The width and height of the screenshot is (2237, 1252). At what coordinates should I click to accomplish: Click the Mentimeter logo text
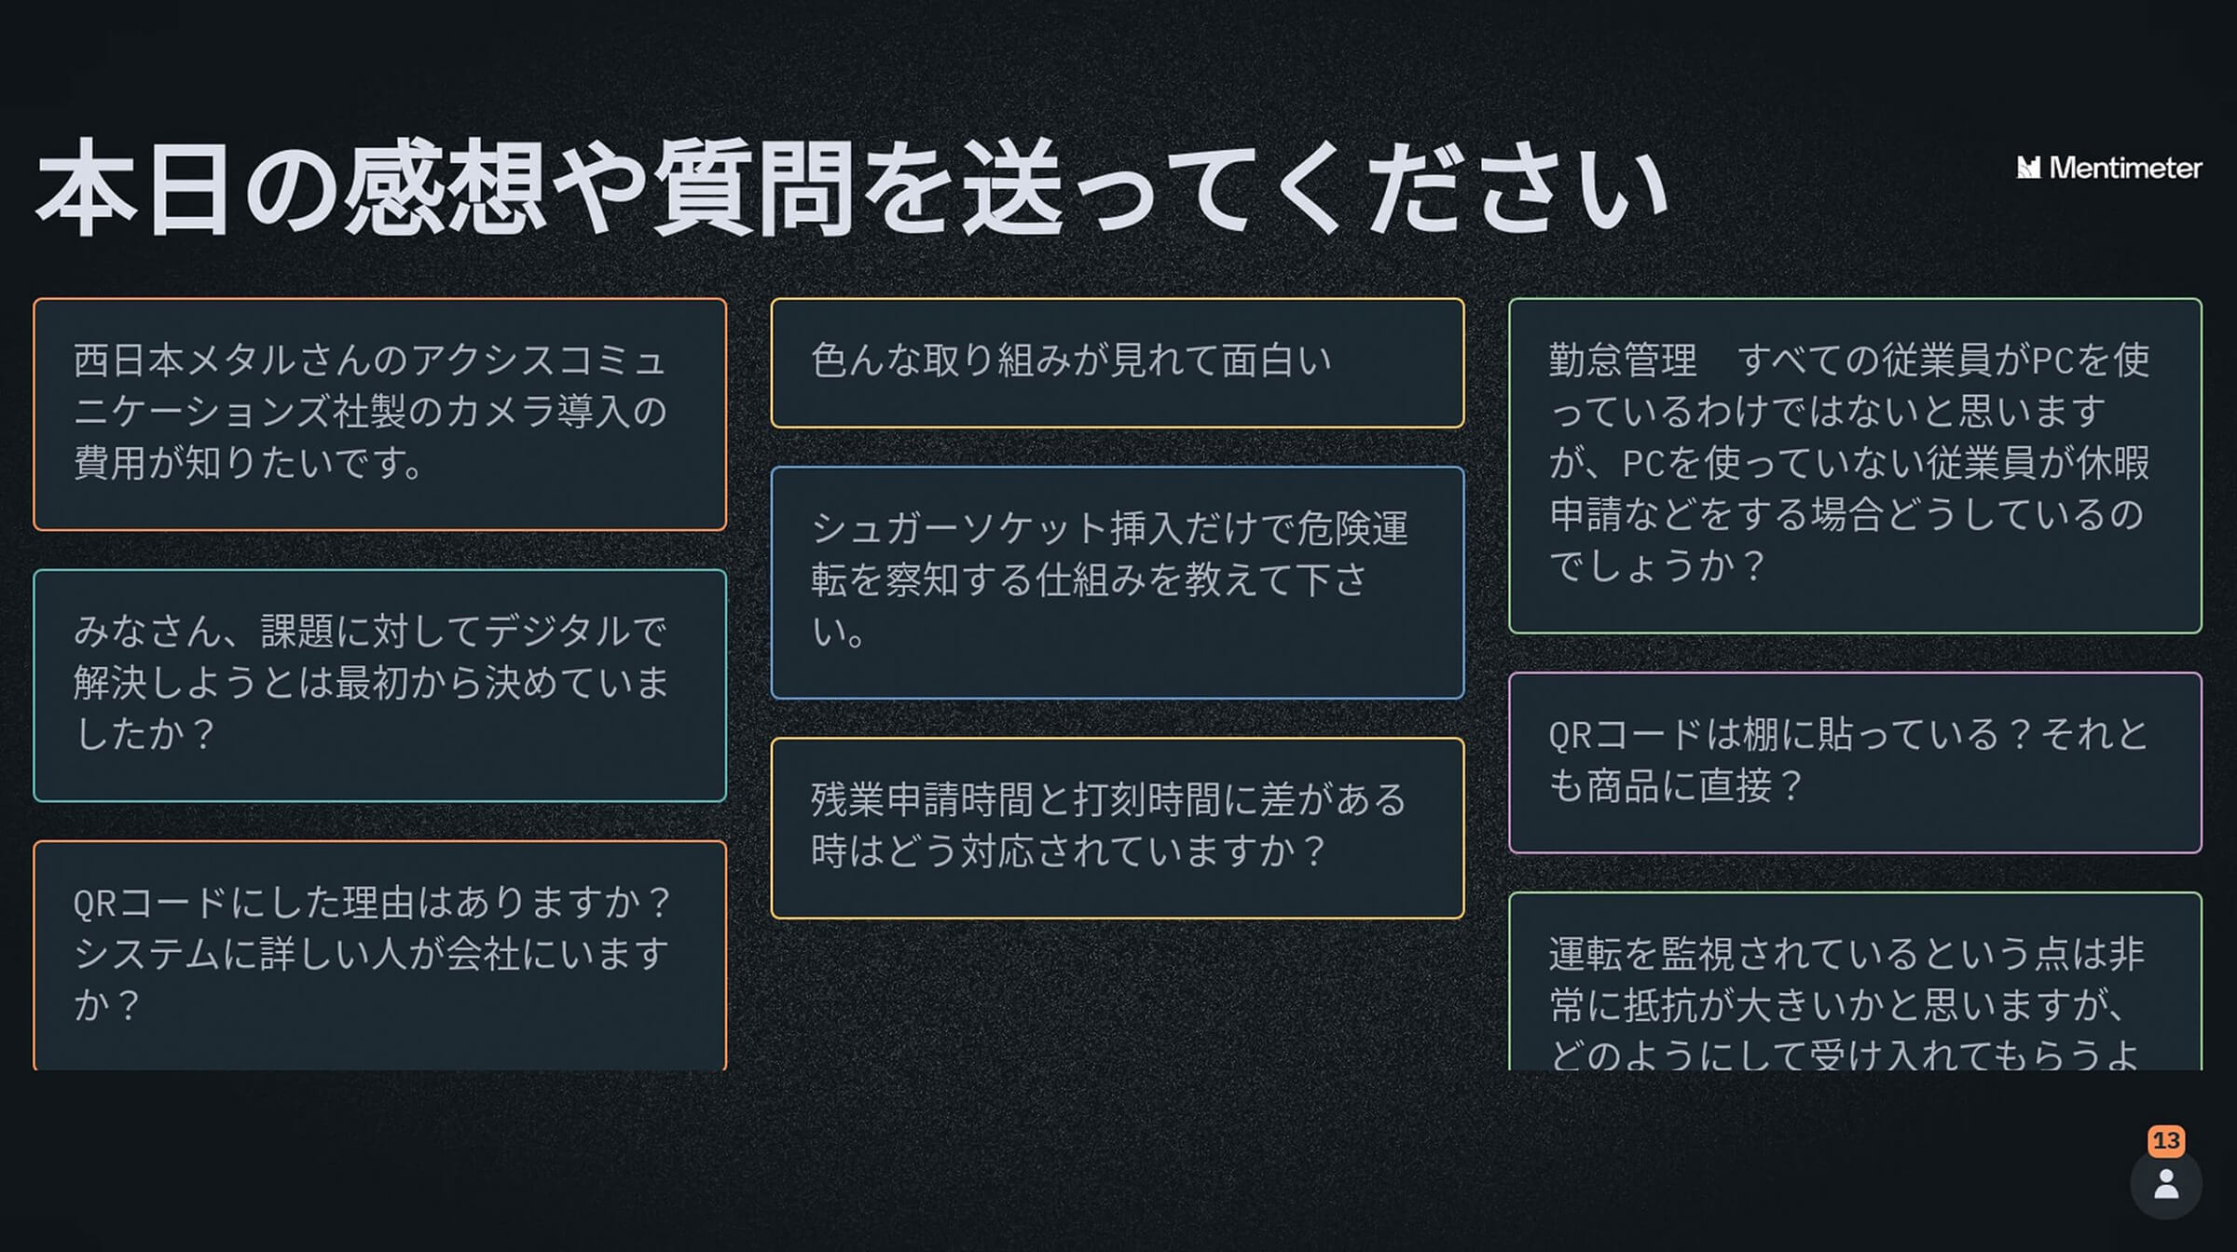[x=2124, y=168]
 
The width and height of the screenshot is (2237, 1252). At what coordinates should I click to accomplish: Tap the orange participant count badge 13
[x=2166, y=1141]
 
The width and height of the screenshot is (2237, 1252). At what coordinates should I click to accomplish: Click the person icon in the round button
[x=2166, y=1184]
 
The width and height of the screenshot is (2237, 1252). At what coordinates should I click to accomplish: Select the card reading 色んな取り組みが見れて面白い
[x=1117, y=362]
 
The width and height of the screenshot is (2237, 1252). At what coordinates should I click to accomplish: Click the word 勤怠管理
[x=1623, y=361]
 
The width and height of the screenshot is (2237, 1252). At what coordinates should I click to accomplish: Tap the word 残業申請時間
[x=922, y=800]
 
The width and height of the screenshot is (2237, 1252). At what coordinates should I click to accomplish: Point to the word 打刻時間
[x=1146, y=800]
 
